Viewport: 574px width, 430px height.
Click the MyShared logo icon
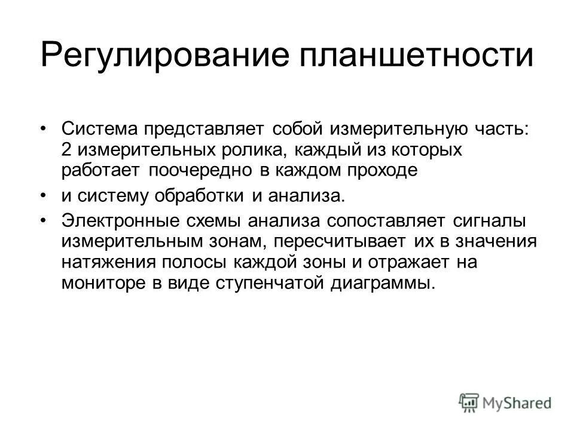coord(469,401)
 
